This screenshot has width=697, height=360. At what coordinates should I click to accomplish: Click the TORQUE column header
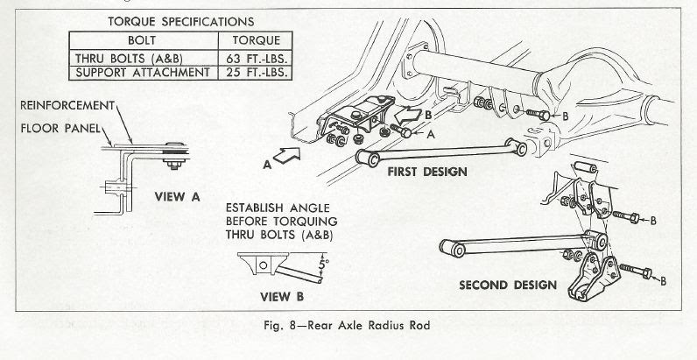click(255, 40)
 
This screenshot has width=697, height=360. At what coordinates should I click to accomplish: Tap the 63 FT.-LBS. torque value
click(255, 57)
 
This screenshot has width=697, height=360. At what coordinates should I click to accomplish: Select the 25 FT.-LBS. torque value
click(255, 72)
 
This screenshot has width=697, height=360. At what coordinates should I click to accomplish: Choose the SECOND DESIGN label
click(508, 285)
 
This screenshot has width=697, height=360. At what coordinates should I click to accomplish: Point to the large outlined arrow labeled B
click(408, 113)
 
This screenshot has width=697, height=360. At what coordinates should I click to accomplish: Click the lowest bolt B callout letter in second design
click(664, 280)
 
